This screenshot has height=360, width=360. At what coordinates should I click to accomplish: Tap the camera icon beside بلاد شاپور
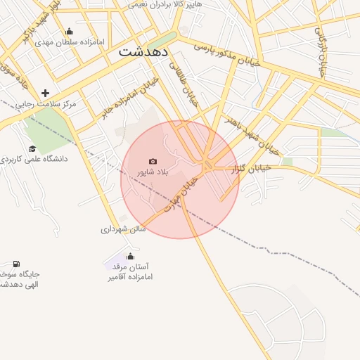[153, 161]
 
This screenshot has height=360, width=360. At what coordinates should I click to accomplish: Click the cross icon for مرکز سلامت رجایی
[46, 93]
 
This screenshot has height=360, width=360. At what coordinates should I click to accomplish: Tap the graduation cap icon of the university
[33, 148]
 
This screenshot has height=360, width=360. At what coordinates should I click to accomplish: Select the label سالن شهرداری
[122, 229]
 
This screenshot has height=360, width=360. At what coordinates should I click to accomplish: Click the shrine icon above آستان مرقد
[129, 257]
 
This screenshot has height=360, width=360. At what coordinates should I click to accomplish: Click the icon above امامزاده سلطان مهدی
[69, 31]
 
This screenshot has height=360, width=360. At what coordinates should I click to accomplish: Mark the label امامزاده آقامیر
[130, 277]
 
